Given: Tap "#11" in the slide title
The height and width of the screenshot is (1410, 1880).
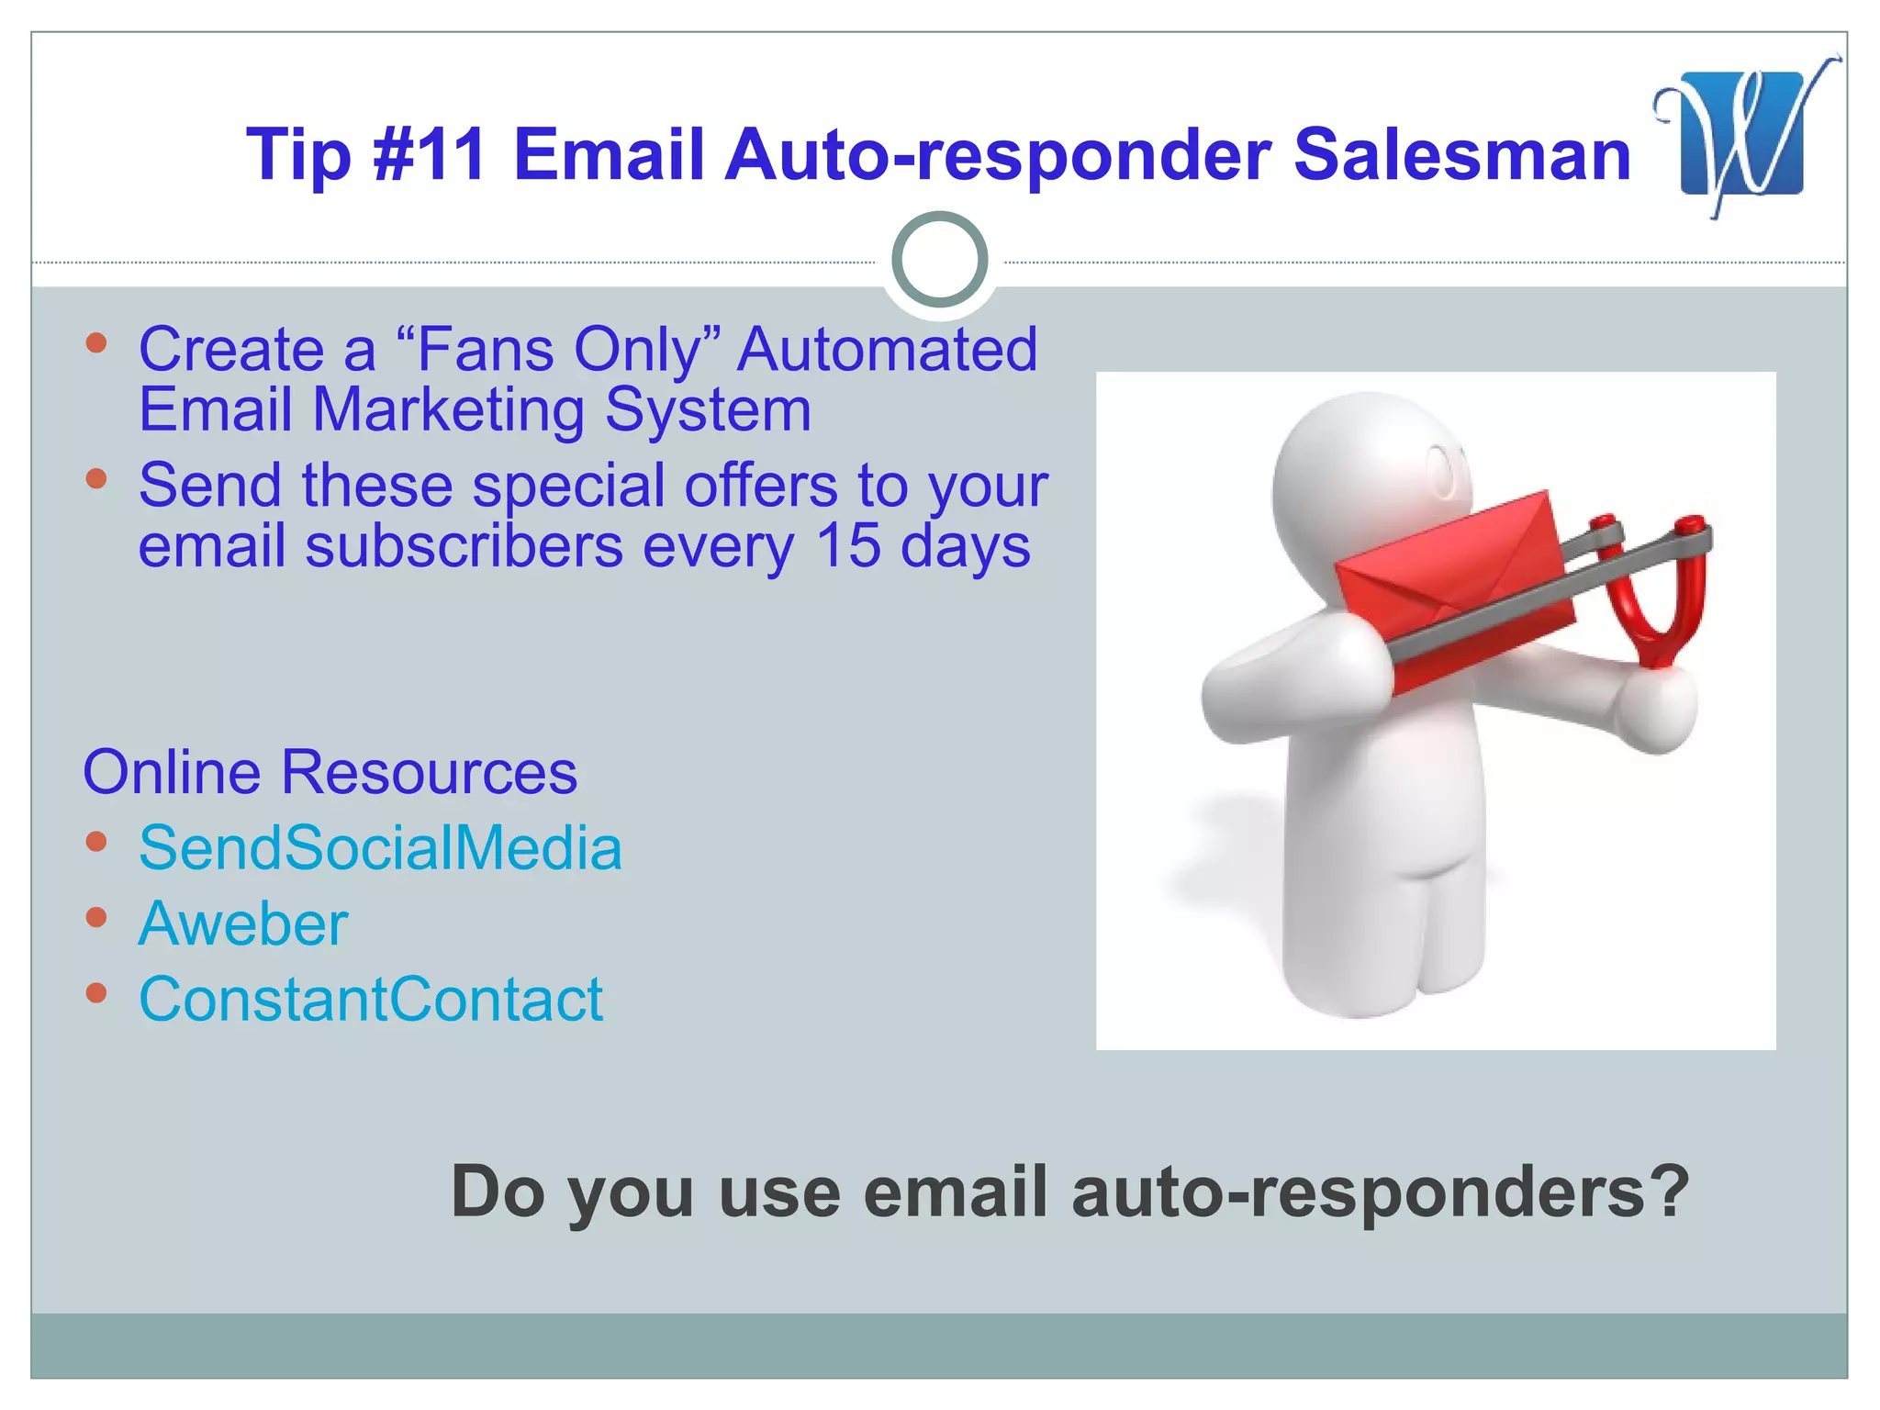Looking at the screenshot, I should (x=430, y=154).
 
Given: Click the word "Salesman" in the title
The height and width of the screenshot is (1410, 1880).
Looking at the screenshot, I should (x=1461, y=154).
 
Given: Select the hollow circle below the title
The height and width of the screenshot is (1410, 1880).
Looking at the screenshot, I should (x=939, y=260).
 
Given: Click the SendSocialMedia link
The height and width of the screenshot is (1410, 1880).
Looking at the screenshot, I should (x=380, y=847).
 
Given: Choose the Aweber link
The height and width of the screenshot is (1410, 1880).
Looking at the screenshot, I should (x=243, y=923).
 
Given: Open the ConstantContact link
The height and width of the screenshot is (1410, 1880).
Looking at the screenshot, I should (x=371, y=999).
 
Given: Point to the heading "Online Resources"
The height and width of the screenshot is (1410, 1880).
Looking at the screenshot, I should (x=330, y=772).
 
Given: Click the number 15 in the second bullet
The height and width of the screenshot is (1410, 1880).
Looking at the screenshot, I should (x=848, y=545).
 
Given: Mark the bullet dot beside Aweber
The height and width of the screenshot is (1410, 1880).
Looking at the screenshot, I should (x=96, y=916).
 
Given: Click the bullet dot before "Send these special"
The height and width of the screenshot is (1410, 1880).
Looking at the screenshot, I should (x=96, y=478).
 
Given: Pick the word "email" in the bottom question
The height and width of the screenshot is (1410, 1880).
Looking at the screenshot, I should (x=955, y=1192).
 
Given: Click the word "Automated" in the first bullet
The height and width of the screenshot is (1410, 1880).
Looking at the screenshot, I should (x=887, y=350).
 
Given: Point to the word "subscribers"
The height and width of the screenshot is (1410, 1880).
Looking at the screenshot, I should (x=464, y=545).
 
